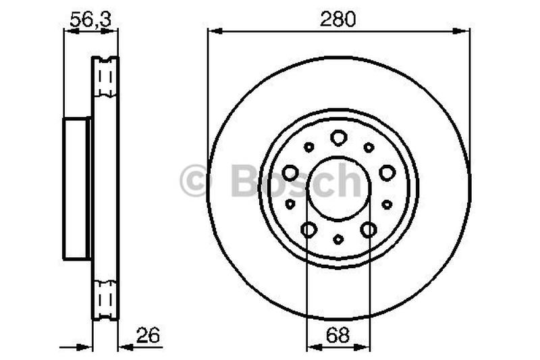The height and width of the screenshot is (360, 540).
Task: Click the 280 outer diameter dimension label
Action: pyautogui.click(x=338, y=20)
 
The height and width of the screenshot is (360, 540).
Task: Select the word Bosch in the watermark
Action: pyautogui.click(x=297, y=181)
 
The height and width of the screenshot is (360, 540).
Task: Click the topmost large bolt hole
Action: pyautogui.click(x=338, y=138)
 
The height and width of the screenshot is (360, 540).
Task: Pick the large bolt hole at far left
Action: pyautogui.click(x=290, y=173)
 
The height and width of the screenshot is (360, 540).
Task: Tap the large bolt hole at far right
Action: pyautogui.click(x=387, y=173)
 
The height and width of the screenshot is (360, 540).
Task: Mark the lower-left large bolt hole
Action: pyautogui.click(x=308, y=230)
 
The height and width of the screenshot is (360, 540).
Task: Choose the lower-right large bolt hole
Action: pyautogui.click(x=369, y=230)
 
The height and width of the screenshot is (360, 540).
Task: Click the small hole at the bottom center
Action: pyautogui.click(x=338, y=239)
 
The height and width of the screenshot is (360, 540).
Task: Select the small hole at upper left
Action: pyautogui.click(x=308, y=147)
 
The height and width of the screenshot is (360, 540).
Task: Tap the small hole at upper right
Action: pyautogui.click(x=369, y=147)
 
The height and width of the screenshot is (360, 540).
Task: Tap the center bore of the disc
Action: pyautogui.click(x=338, y=188)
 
